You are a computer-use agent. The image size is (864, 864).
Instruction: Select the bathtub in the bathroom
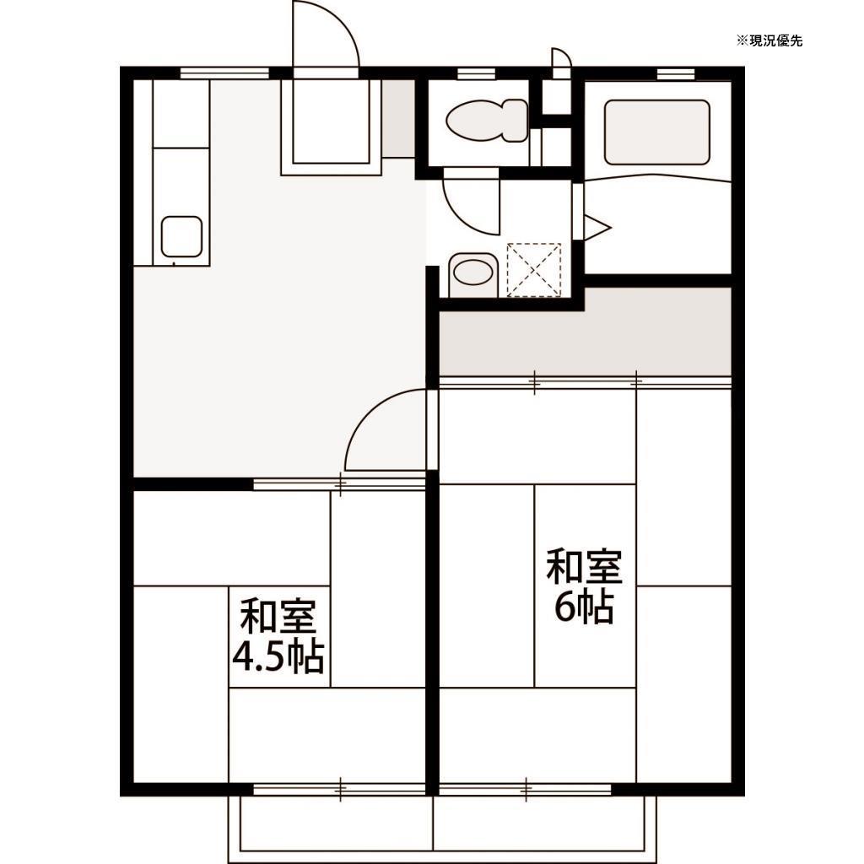656,132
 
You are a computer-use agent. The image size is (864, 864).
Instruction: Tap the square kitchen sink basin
181,235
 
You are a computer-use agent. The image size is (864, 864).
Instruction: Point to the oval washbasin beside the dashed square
471,273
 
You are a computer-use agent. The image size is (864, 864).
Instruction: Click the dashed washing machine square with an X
534,269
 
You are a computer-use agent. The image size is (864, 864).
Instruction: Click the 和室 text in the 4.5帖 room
278,617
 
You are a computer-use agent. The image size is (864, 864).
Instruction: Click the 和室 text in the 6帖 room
584,567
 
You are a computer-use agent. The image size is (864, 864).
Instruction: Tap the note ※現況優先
769,40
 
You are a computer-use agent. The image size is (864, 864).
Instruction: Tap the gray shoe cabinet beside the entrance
397,119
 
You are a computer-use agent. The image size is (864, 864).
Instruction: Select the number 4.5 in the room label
258,657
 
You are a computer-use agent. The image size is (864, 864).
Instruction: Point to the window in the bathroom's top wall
674,73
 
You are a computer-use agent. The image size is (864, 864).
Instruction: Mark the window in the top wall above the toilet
476,73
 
